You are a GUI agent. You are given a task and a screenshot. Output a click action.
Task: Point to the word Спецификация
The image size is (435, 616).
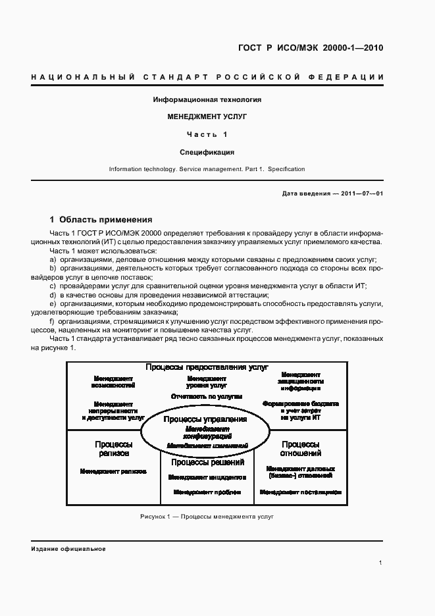[207, 153]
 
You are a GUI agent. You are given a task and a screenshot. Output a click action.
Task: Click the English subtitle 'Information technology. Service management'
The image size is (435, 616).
[207, 169]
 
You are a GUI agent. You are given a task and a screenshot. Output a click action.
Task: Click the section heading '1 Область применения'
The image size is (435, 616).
[101, 220]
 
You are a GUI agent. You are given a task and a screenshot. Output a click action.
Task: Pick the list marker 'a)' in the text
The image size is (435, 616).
[53, 261]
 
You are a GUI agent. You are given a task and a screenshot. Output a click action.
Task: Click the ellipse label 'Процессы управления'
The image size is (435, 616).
[205, 420]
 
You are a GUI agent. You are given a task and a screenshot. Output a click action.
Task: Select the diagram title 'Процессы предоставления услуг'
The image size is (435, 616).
[207, 367]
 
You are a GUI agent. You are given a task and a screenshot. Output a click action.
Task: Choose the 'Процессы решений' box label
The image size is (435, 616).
[207, 463]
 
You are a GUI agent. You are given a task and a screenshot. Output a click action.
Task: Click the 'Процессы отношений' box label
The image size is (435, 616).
[301, 449]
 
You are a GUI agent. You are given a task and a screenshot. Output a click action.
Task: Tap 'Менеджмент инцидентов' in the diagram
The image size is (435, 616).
[207, 477]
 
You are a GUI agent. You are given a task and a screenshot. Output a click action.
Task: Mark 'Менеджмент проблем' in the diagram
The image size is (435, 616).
[207, 492]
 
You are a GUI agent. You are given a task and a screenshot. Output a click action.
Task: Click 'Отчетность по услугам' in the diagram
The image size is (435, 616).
[207, 397]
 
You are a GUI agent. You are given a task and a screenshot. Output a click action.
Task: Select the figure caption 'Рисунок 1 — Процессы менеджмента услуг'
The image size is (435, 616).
[207, 517]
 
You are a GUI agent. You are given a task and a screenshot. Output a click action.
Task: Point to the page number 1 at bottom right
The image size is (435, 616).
[380, 563]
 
